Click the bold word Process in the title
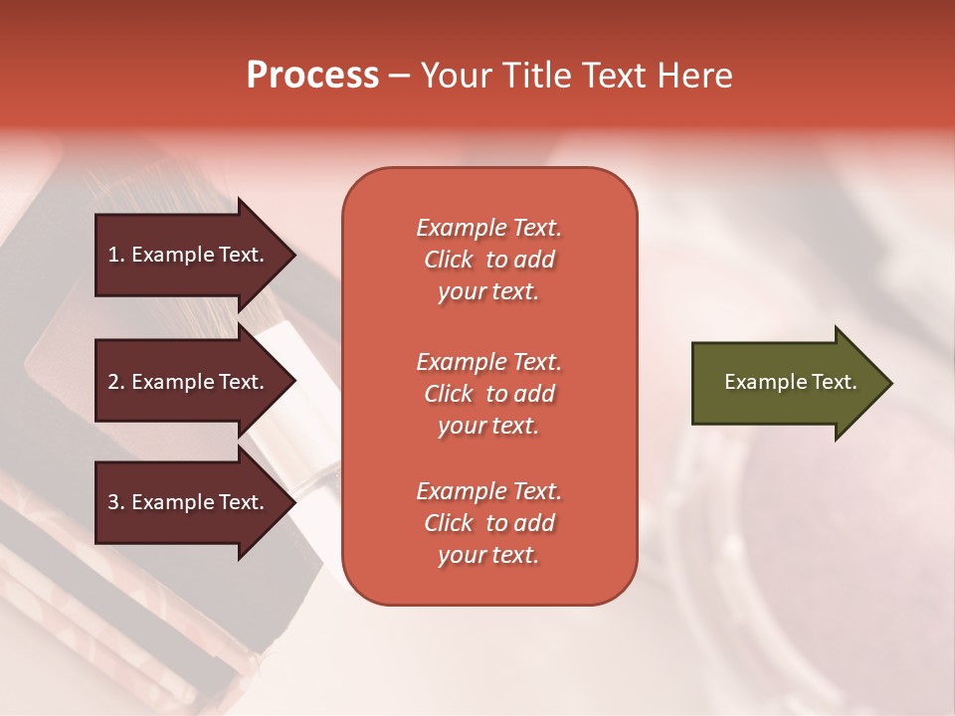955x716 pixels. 312,76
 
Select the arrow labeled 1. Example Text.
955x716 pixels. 187,255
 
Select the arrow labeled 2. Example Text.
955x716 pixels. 187,382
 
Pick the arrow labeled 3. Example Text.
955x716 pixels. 187,502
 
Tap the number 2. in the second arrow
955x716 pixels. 116,382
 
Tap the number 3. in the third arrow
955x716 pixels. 116,502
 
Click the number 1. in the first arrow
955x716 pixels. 116,255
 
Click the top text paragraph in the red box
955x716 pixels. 488,260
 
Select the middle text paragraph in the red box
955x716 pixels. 488,394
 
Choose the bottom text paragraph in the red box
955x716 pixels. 488,523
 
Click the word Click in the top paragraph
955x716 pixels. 448,260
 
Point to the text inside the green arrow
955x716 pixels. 790,382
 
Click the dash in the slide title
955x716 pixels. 399,77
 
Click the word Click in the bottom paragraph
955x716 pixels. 448,523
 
